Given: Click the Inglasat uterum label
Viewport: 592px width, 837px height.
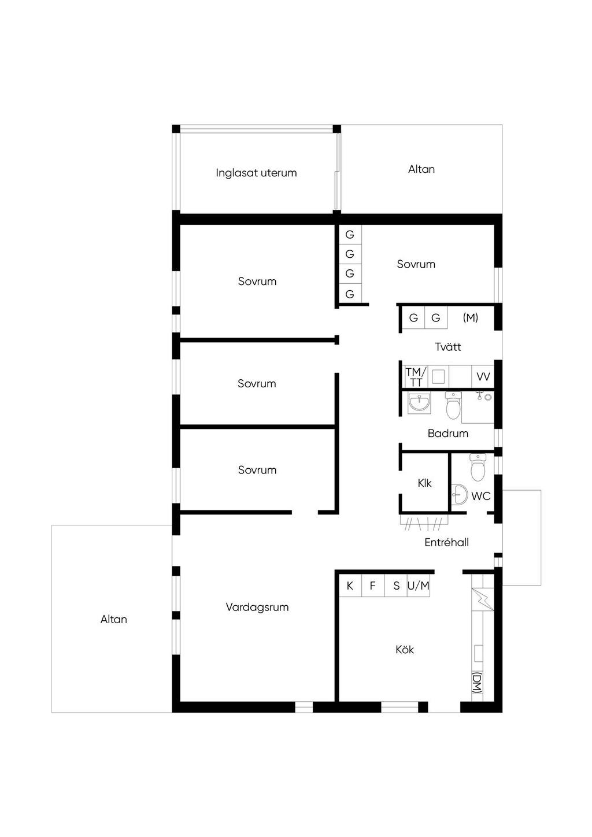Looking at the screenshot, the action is click(x=256, y=173).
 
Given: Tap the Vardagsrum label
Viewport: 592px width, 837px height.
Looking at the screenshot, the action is click(x=257, y=607).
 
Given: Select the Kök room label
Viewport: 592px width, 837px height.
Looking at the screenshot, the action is click(x=405, y=649).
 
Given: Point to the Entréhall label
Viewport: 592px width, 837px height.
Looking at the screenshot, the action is click(x=447, y=542).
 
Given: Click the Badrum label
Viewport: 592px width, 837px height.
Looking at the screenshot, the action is click(x=447, y=434).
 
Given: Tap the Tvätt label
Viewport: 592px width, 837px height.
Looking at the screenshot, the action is click(x=447, y=347).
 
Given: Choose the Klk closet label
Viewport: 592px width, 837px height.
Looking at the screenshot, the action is click(x=424, y=483).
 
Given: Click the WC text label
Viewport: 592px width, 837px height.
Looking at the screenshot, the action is click(x=481, y=496).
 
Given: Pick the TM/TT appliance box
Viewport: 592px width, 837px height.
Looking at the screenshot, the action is click(x=416, y=377).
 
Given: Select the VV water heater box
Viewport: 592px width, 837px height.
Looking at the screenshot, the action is click(x=483, y=377).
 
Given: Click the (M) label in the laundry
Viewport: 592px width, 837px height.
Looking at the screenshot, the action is click(x=470, y=317).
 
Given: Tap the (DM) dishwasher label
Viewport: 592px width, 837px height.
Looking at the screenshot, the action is click(x=478, y=683).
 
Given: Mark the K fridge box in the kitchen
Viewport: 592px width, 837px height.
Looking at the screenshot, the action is click(x=350, y=586).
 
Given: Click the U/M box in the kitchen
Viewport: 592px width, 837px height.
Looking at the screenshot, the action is click(x=419, y=586).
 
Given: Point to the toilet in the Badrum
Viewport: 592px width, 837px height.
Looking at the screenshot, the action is click(x=453, y=405).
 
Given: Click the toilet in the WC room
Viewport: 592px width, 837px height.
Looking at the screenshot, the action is click(x=478, y=467).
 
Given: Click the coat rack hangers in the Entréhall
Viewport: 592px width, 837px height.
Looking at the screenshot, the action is click(x=424, y=523).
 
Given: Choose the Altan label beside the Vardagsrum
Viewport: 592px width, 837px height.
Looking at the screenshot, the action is click(x=114, y=619).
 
